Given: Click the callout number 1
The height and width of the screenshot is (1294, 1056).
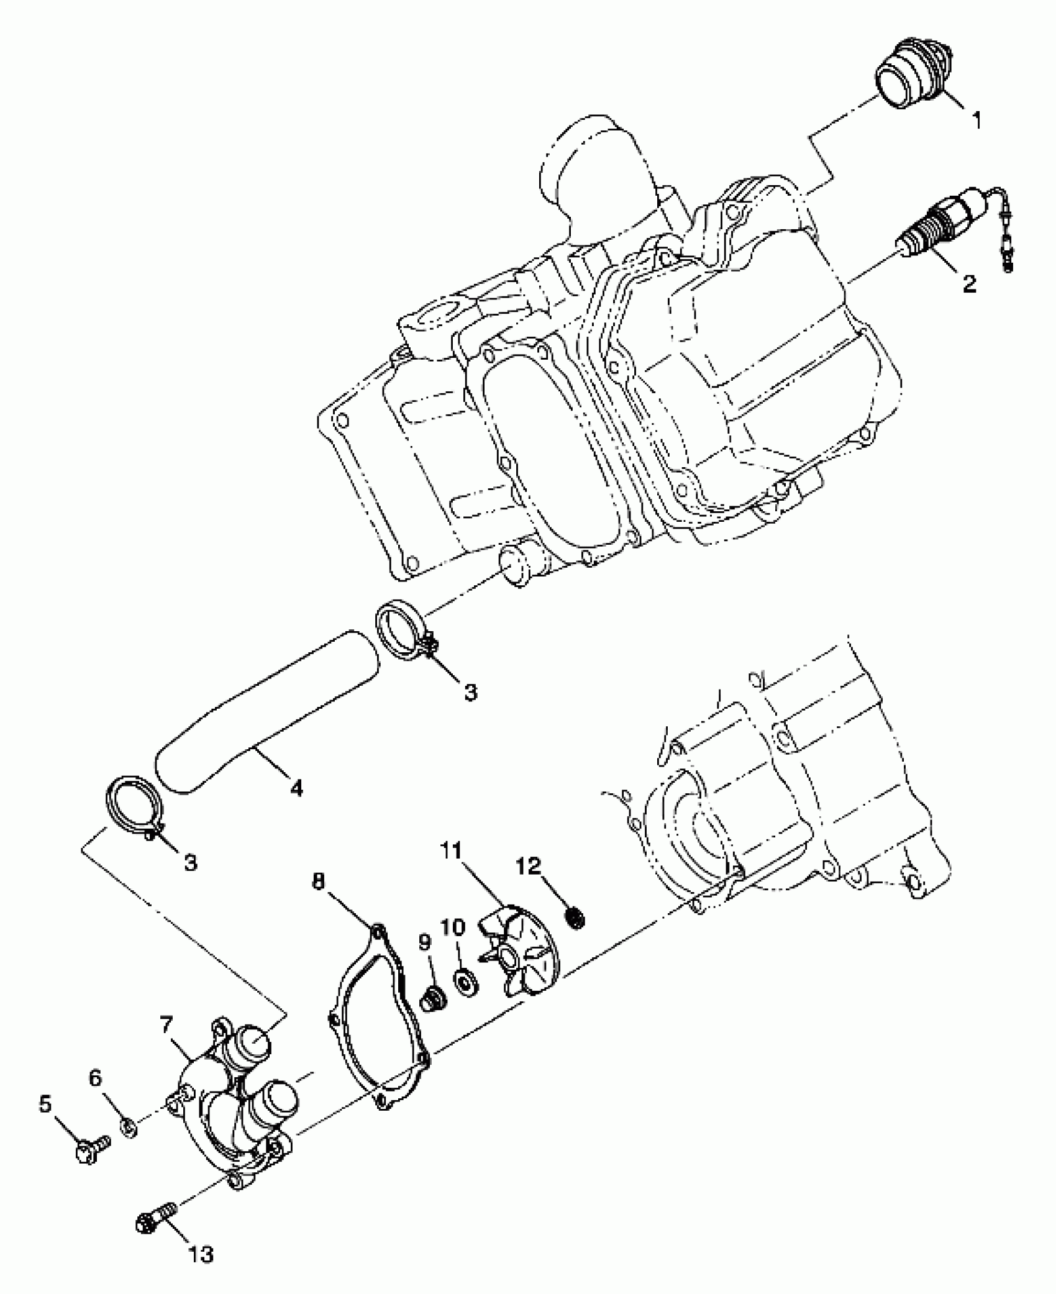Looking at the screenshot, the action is pyautogui.click(x=977, y=120).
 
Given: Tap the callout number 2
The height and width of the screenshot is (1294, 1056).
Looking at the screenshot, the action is pyautogui.click(x=968, y=284).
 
